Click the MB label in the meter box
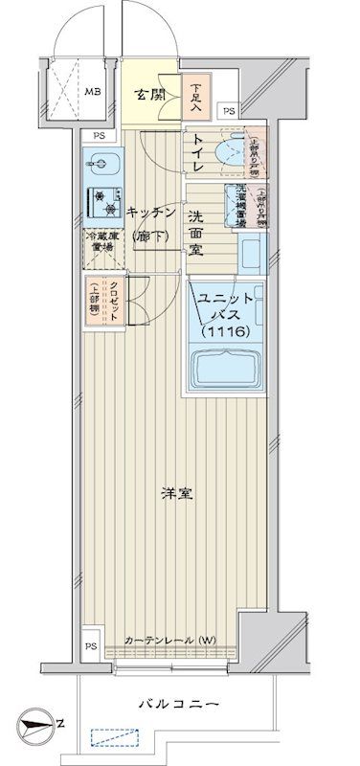(x=92, y=92)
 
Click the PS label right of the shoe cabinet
(x=228, y=112)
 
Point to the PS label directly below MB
(x=100, y=136)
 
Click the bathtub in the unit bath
(x=227, y=368)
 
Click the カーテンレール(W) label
(x=170, y=640)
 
